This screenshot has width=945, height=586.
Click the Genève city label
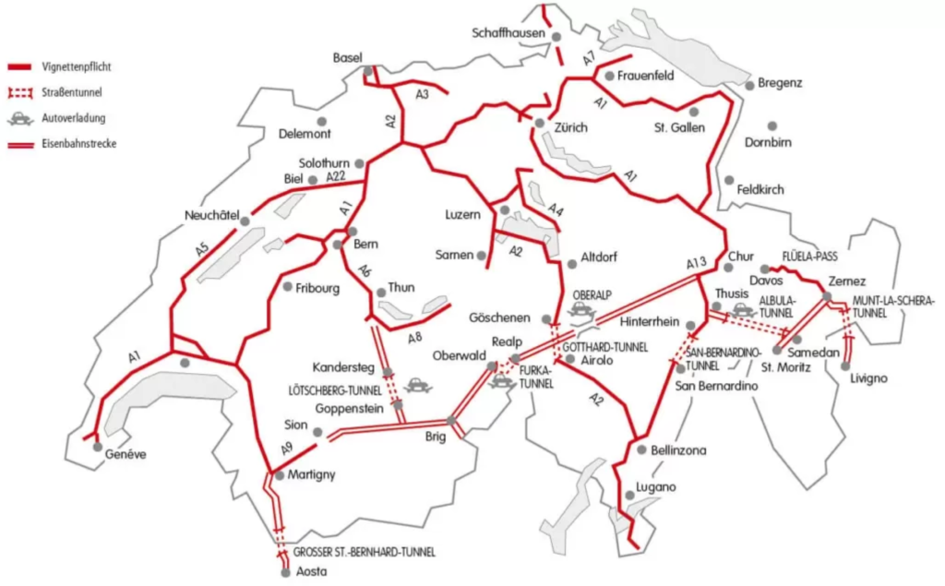126,454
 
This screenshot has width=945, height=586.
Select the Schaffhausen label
509,33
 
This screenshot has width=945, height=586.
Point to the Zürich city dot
539,122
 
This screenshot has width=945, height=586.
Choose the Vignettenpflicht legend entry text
77,67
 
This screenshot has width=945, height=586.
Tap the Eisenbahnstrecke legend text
78,143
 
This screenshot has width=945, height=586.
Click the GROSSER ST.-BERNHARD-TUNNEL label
364,552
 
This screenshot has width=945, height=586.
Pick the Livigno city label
868,377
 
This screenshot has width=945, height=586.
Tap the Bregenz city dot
750,83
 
